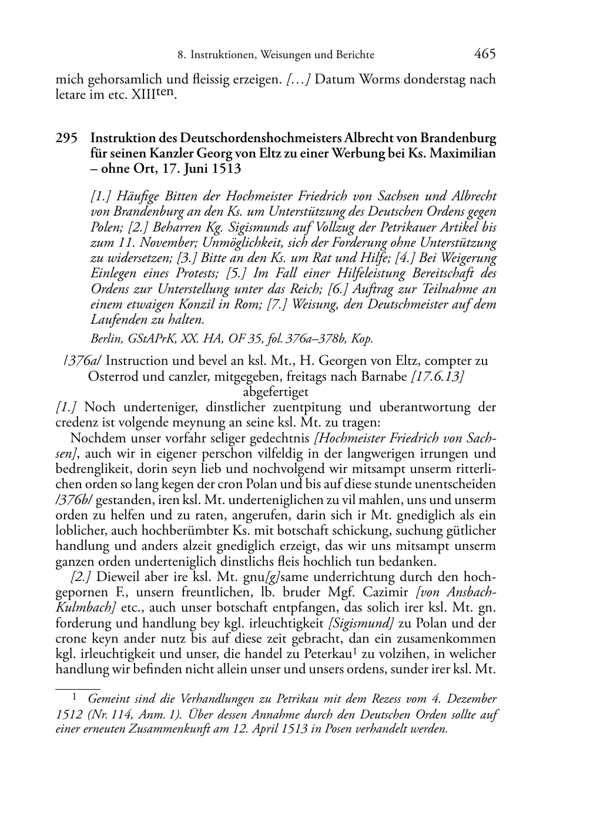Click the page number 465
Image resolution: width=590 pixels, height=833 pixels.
(x=484, y=54)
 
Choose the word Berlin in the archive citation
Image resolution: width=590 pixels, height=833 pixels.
(x=103, y=339)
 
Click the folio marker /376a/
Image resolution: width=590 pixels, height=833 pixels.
(x=82, y=361)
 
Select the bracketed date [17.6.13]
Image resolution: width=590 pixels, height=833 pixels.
(x=438, y=376)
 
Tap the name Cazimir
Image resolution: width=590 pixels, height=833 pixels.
(x=382, y=593)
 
